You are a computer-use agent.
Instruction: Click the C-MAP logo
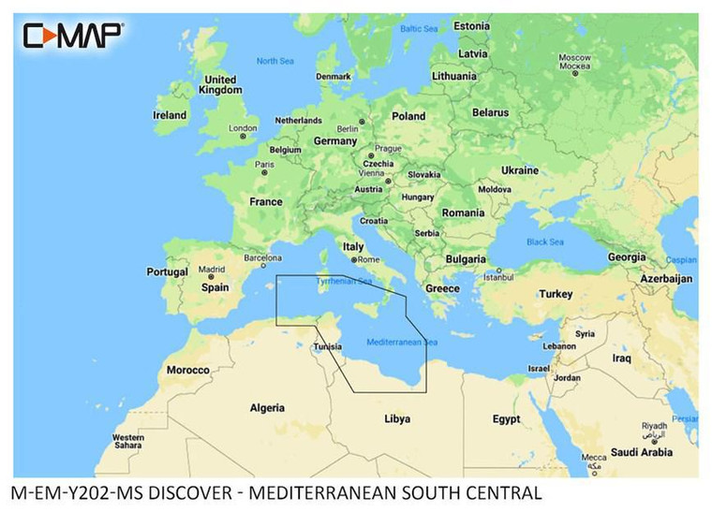[x=73, y=36]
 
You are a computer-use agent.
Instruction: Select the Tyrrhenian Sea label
[x=343, y=281]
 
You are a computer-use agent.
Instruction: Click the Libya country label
[x=397, y=418]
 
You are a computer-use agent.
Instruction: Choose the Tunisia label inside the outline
[x=327, y=346]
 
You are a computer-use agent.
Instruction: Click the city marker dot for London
[x=243, y=136]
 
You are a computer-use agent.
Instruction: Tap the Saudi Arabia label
[x=642, y=452]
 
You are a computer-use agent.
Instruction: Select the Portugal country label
[x=168, y=271]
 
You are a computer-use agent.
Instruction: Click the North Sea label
[x=275, y=61]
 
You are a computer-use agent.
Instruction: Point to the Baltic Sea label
[x=419, y=29]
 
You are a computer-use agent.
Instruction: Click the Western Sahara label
[x=128, y=442]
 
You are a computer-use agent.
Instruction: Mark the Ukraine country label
[x=520, y=170]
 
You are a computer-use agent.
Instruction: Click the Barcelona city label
[x=263, y=256]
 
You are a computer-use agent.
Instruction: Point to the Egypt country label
[x=506, y=418]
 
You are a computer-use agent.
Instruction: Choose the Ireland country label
[x=170, y=115]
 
